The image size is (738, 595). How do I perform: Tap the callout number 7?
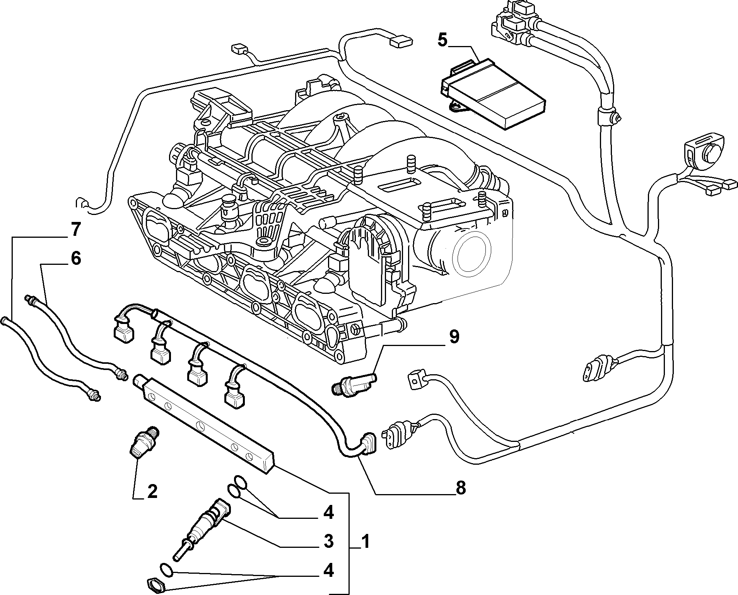[x=75, y=230]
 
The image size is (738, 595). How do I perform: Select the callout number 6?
[x=76, y=258]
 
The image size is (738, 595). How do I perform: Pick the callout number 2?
[x=152, y=491]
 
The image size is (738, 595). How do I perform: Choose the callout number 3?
[x=328, y=542]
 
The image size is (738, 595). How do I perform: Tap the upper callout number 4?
[x=328, y=513]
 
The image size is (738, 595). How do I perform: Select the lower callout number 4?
[x=328, y=571]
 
